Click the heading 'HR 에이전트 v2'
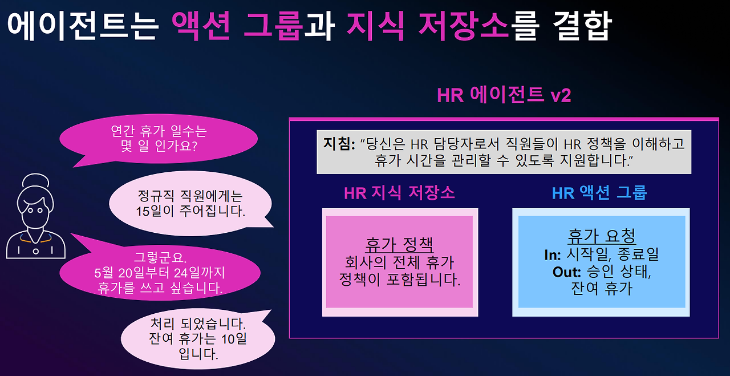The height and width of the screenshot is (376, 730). tap(504, 95)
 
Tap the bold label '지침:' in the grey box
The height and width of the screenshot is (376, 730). tap(339, 144)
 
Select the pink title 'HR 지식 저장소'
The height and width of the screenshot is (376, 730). tap(399, 193)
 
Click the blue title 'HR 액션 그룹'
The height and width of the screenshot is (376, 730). tap(599, 193)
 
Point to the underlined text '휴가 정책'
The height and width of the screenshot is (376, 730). tap(400, 245)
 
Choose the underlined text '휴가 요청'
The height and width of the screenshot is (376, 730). tap(602, 236)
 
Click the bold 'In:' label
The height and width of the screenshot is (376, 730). tap(553, 255)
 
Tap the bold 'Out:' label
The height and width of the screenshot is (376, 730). tap(567, 272)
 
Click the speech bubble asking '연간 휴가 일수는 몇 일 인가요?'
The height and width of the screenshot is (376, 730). tap(159, 140)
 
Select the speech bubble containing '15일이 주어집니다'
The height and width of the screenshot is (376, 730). tap(190, 204)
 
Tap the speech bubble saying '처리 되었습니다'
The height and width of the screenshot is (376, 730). tap(197, 338)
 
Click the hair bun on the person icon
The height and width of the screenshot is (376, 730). tap(35, 180)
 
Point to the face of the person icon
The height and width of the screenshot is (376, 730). tap(35, 212)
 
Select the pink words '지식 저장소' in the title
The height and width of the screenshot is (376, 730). tap(428, 26)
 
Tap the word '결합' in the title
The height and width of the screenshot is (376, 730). tap(582, 26)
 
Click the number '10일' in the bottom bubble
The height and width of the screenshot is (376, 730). tap(234, 339)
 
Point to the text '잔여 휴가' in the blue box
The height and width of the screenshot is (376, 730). tap(602, 288)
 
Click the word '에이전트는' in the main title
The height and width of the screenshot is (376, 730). tap(83, 26)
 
